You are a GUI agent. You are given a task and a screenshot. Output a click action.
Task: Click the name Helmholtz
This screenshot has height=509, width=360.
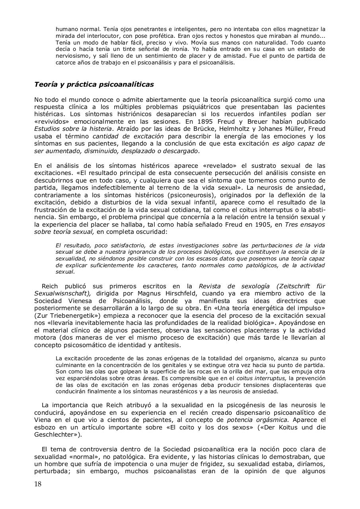(238, 128)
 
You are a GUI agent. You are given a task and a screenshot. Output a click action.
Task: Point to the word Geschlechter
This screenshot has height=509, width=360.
(57, 434)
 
